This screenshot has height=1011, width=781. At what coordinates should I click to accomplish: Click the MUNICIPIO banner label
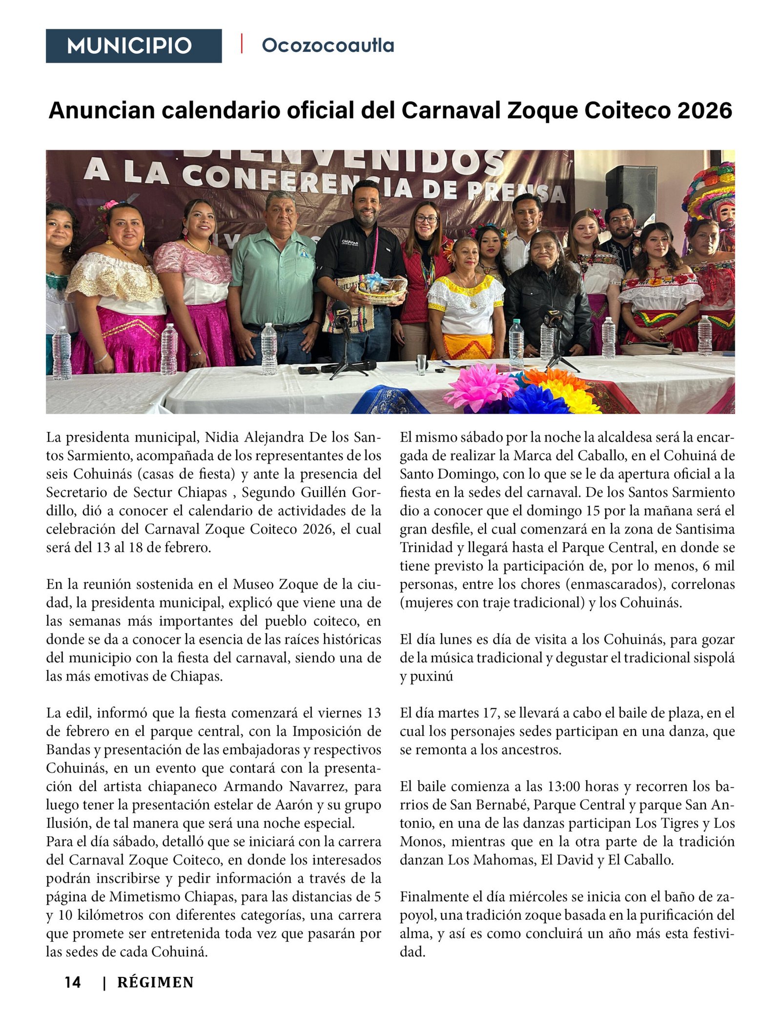coord(129,46)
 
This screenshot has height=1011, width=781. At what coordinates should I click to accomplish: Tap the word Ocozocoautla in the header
coord(328,45)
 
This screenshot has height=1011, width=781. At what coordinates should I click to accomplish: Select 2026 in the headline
coord(704,110)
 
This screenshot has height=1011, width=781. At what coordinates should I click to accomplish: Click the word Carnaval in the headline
coord(451,110)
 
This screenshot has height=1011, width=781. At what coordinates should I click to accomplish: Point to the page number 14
coord(73,982)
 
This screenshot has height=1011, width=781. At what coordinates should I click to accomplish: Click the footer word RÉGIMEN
coord(155,982)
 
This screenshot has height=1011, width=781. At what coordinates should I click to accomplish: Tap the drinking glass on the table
coord(421,364)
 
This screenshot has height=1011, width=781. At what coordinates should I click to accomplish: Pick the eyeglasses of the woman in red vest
coord(427,220)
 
